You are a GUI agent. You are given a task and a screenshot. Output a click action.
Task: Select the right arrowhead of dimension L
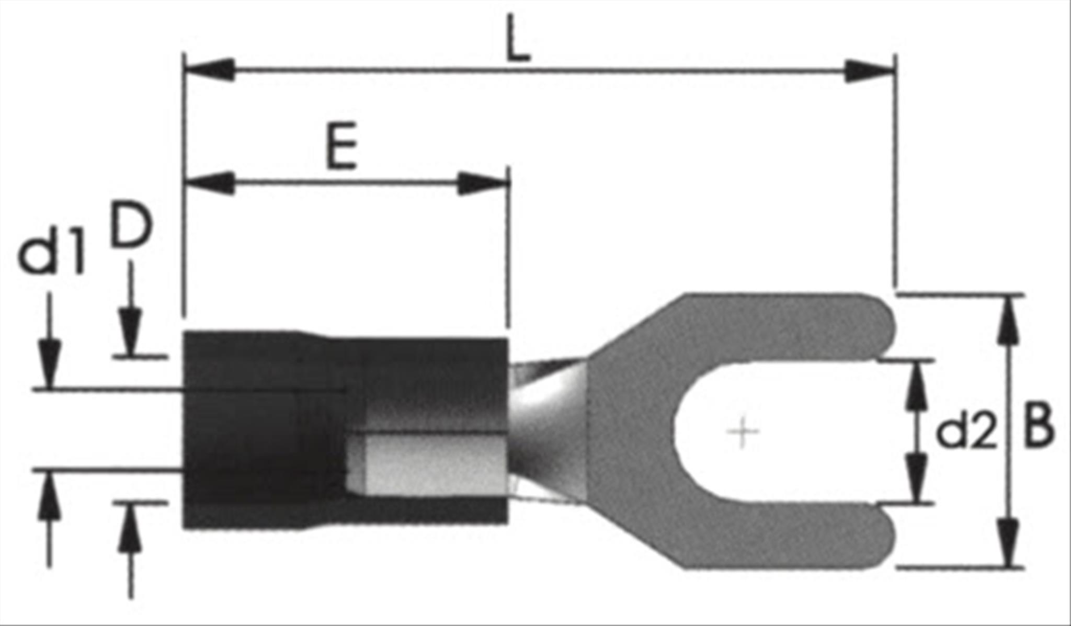click(x=869, y=71)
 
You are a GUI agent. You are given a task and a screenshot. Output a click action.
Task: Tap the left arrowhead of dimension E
click(x=209, y=184)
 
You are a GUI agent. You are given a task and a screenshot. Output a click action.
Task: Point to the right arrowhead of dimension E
click(x=482, y=184)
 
